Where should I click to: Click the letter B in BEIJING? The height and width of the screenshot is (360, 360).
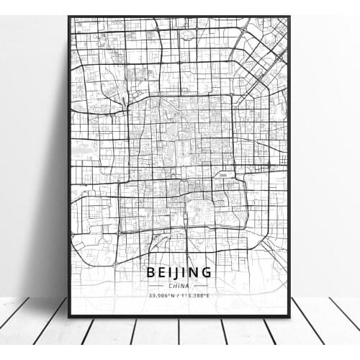pyautogui.click(x=152, y=272)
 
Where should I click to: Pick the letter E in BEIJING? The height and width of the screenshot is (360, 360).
pyautogui.click(x=162, y=272)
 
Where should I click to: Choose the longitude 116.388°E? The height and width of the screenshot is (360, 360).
pyautogui.click(x=198, y=294)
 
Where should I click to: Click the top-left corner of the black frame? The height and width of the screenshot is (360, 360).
pyautogui.click(x=68, y=15)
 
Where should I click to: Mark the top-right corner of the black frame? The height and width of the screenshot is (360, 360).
pyautogui.click(x=290, y=15)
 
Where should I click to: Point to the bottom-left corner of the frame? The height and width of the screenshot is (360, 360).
pyautogui.click(x=68, y=316)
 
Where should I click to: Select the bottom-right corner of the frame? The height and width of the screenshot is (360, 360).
pyautogui.click(x=290, y=316)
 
